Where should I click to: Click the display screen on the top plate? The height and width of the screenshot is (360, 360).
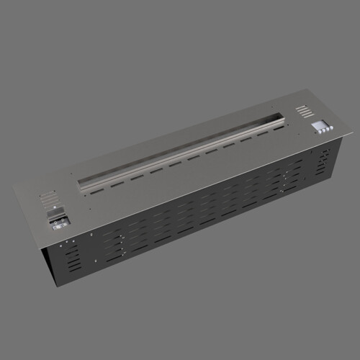pyautogui.click(x=317, y=124)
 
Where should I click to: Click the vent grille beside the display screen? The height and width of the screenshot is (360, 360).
pyautogui.click(x=305, y=111)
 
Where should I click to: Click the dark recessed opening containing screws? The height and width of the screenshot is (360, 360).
pyautogui.click(x=58, y=220)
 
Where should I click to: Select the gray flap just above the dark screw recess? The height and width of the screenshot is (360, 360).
pyautogui.click(x=56, y=211)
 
